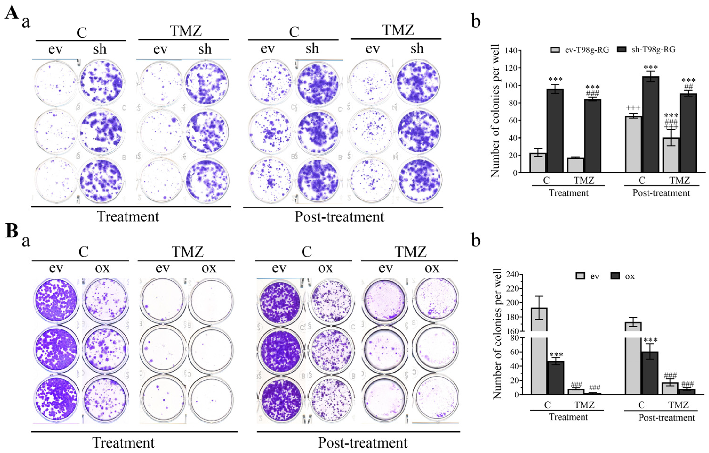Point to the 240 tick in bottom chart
[x=512, y=275]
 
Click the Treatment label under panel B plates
[x=123, y=442]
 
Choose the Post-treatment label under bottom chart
[x=666, y=417]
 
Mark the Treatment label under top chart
[x=569, y=193]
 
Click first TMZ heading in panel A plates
[x=186, y=31]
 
